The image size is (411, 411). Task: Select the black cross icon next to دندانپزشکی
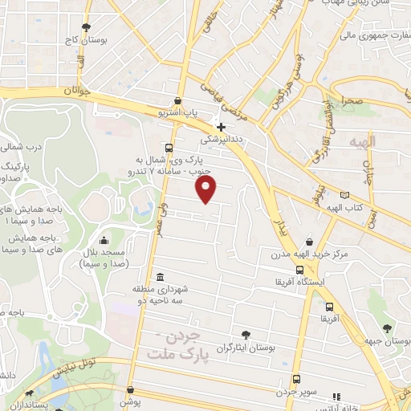click(221, 126)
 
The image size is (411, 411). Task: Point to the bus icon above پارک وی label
click(168, 148)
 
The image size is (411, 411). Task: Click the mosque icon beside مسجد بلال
click(104, 241)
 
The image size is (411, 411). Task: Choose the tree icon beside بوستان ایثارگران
click(245, 335)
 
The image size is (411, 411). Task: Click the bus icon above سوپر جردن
click(296, 379)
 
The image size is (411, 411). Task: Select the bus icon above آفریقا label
click(330, 307)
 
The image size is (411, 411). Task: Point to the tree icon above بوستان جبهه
click(388, 328)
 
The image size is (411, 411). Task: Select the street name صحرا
click(353, 102)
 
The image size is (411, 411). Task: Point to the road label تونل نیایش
click(77, 368)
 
